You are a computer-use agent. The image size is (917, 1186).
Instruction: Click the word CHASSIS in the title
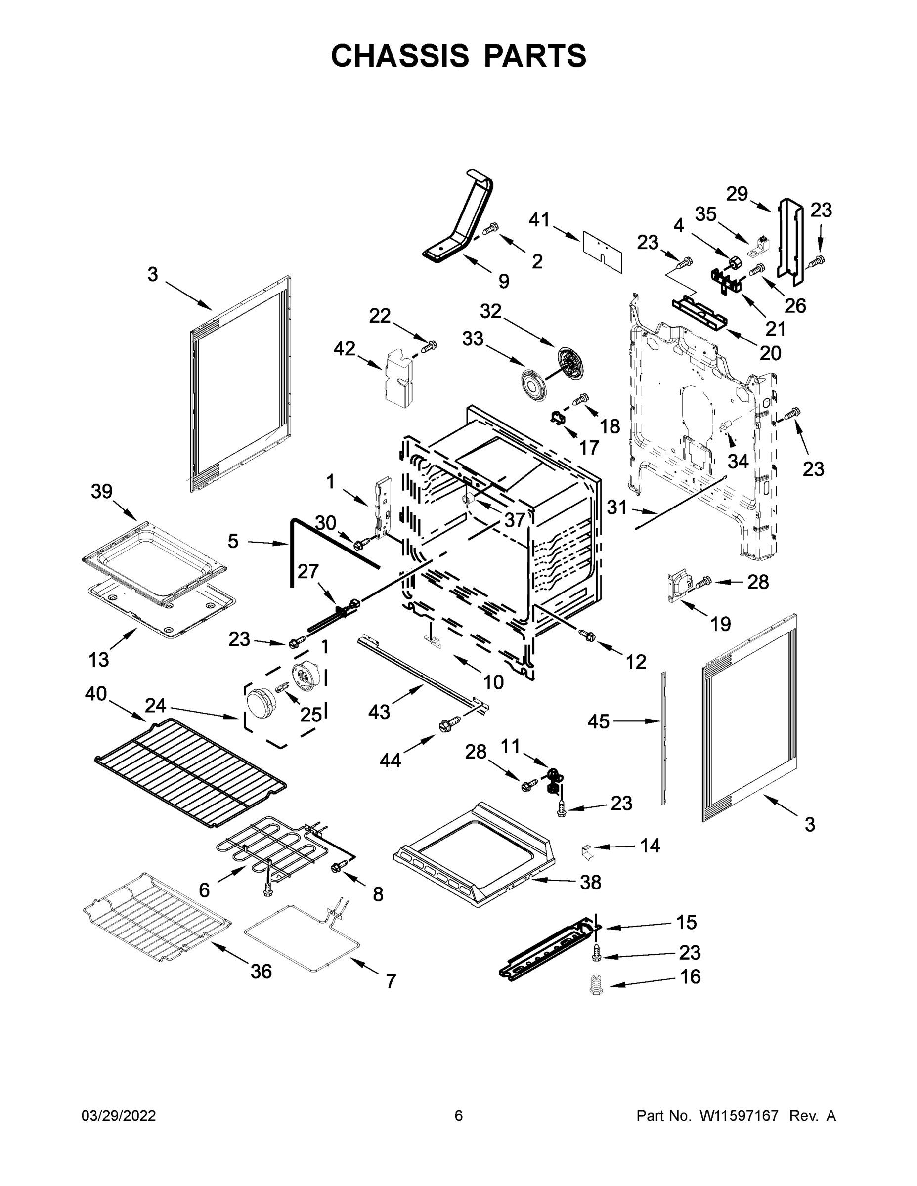pyautogui.click(x=400, y=56)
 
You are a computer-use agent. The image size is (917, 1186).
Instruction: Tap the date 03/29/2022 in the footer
pyautogui.click(x=119, y=1116)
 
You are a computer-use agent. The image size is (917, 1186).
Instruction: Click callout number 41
pyautogui.click(x=539, y=220)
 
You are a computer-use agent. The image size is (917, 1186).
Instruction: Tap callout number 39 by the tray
pyautogui.click(x=102, y=492)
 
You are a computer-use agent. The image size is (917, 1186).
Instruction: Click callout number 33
pyautogui.click(x=473, y=339)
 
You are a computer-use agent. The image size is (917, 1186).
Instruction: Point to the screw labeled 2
pyautogui.click(x=490, y=230)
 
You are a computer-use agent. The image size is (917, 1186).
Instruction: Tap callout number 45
pyautogui.click(x=599, y=721)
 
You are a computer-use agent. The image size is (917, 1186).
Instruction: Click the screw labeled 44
pyautogui.click(x=450, y=723)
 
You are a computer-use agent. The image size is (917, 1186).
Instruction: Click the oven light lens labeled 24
pyautogui.click(x=259, y=702)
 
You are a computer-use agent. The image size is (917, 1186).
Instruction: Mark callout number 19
pyautogui.click(x=720, y=624)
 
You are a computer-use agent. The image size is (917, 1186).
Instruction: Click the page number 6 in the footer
pyautogui.click(x=459, y=1116)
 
